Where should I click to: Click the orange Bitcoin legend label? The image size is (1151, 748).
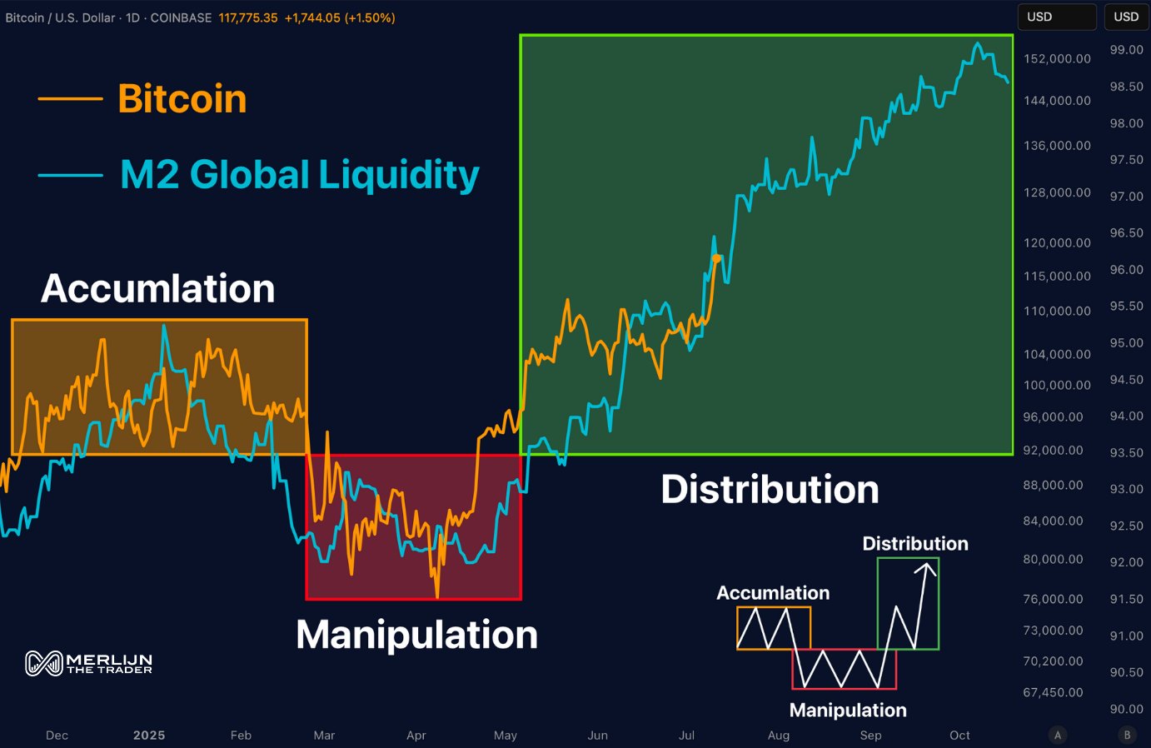182,99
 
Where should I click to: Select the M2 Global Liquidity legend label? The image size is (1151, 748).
299,175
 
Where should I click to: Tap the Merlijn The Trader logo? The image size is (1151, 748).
89,663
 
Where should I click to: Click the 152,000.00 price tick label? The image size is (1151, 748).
1057,58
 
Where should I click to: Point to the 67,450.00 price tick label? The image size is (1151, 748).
1053,692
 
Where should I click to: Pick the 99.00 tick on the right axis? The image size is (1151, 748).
1126,50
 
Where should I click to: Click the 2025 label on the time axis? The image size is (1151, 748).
149,735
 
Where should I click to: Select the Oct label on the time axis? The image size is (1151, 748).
959,735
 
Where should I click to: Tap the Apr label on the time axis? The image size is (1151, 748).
416,735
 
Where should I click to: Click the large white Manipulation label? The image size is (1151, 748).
416,635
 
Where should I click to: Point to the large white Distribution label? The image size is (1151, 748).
770,489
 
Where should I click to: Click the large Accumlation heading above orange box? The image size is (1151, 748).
157,288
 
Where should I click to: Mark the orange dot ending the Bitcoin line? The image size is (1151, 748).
716,258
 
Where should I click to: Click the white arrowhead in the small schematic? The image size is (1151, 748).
926,569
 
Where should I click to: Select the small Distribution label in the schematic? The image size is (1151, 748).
914,544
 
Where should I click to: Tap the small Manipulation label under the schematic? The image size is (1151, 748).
847,711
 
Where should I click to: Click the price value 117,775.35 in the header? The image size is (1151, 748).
248,17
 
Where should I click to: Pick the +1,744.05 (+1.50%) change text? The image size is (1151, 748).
340,17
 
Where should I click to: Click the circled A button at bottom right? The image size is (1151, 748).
1058,735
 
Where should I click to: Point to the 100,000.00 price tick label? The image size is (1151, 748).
1057,385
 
